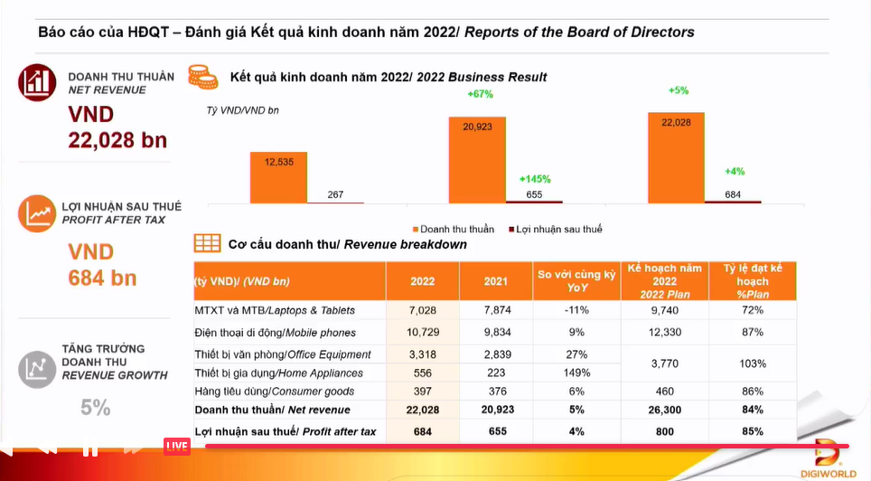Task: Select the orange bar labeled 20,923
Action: (477, 159)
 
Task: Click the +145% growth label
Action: (534, 179)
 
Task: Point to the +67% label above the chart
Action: (480, 94)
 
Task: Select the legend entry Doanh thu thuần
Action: (454, 230)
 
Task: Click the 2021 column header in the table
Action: (496, 281)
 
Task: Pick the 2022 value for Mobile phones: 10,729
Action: (422, 333)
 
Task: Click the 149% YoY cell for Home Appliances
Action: (576, 373)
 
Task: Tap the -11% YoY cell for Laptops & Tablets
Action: (576, 310)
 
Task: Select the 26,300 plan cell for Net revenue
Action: (664, 410)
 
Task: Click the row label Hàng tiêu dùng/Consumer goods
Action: (274, 391)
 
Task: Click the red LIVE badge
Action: (177, 446)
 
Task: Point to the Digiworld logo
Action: (831, 457)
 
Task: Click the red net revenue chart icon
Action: (37, 83)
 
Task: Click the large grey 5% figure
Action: (96, 408)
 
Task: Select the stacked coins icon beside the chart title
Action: (202, 77)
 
